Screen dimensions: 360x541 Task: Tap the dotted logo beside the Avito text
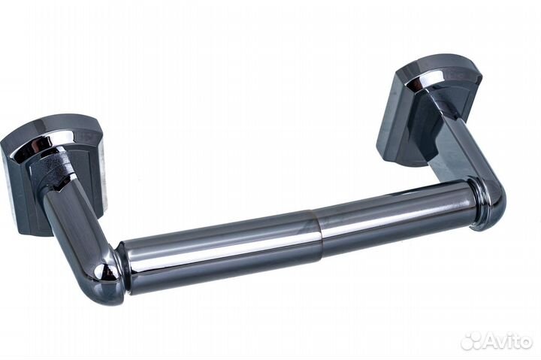click(471, 340)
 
